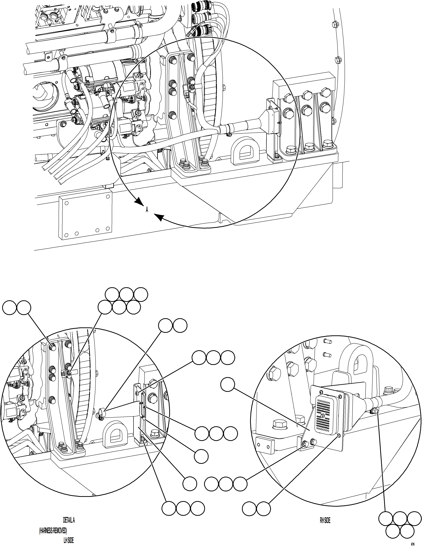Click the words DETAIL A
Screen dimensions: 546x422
[69, 520]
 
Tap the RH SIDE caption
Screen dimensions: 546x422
[325, 520]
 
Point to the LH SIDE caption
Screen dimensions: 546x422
[69, 540]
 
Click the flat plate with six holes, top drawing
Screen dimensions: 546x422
[85, 217]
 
